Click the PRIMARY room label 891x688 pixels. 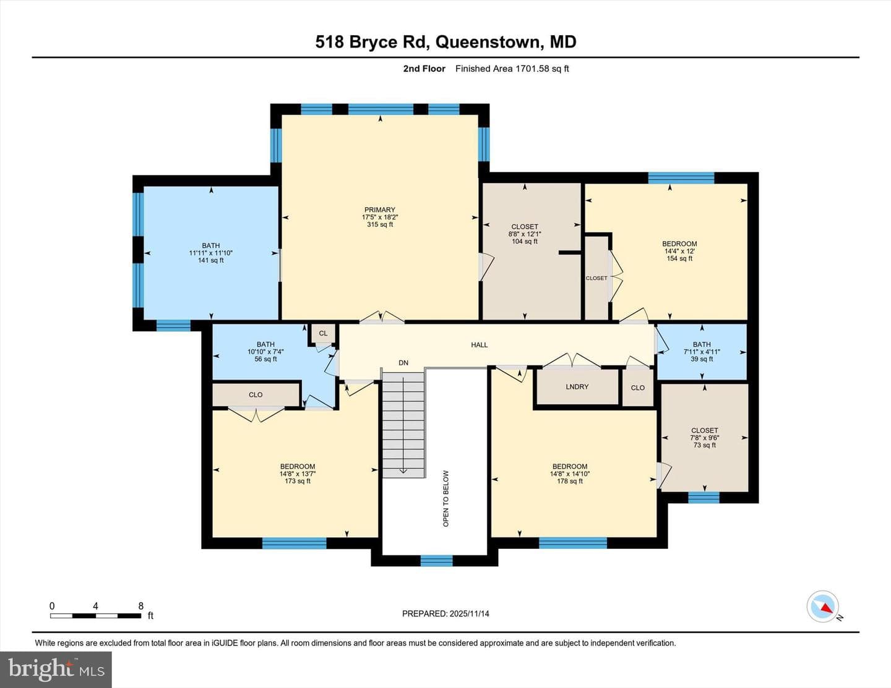tap(380, 210)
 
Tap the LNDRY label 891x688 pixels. tap(577, 386)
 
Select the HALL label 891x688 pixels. tap(480, 345)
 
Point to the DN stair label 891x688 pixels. tap(403, 363)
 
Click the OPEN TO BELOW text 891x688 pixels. tap(446, 498)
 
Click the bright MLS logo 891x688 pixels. tap(56, 669)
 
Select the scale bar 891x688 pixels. tap(96, 616)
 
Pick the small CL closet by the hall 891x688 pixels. tap(323, 333)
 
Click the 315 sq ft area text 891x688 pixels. tap(380, 224)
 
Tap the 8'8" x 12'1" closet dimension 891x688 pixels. tap(525, 234)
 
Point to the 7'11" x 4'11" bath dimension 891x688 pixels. tap(702, 352)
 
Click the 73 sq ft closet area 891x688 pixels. tap(704, 445)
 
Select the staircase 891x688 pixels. tap(403, 425)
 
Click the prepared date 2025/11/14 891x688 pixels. tap(470, 613)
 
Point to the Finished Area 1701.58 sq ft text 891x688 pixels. tap(512, 69)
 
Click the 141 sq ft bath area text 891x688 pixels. tap(211, 260)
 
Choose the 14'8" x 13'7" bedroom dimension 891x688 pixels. tap(298, 474)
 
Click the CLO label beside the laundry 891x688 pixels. tap(637, 388)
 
